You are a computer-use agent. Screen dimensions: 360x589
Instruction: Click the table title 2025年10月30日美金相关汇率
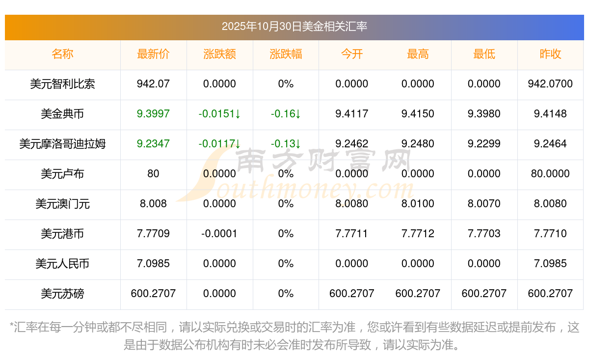294,27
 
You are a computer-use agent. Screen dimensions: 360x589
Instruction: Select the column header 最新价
153,55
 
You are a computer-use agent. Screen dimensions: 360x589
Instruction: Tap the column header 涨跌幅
286,55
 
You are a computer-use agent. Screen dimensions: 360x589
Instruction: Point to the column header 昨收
550,55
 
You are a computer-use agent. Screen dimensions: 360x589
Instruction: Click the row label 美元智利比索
62,84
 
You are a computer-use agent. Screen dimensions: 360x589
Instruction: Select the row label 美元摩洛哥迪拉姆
62,144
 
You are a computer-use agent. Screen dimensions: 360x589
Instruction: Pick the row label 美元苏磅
62,294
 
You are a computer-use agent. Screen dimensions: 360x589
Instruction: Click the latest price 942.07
153,84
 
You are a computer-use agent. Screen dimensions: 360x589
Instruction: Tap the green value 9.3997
153,114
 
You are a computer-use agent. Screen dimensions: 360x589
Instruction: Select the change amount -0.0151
219,114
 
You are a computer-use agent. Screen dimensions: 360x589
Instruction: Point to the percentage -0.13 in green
285,144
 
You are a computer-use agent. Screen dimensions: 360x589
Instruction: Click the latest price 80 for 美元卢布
153,174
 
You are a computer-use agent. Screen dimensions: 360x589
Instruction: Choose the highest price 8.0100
418,204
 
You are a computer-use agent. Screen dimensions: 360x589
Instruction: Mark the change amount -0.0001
219,234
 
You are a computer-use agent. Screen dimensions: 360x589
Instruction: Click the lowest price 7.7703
484,234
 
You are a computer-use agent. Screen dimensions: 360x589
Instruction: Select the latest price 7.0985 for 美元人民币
153,264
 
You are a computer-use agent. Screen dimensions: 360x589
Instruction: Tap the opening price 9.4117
352,114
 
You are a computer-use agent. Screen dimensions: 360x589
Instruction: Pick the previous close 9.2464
550,144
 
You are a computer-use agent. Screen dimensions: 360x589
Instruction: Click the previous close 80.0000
550,174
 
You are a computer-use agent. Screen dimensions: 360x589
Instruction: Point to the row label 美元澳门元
62,204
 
